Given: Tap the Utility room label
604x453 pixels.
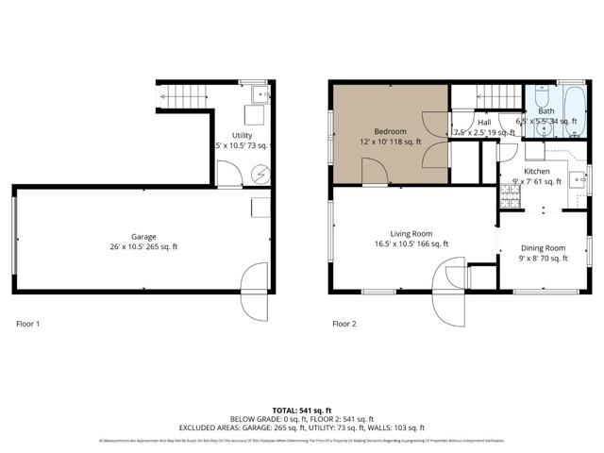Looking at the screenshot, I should click(x=243, y=136).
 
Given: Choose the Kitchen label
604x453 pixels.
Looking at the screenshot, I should click(x=537, y=171).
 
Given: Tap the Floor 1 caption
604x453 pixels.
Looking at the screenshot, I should click(x=28, y=324).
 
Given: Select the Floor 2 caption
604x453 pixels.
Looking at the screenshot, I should click(x=344, y=324).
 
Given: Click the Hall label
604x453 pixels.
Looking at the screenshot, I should click(x=484, y=122).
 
